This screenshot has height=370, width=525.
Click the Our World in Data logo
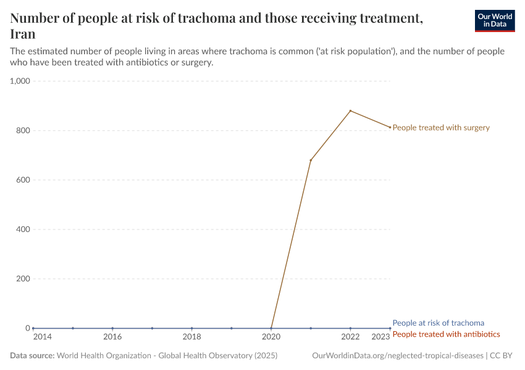click(494, 20)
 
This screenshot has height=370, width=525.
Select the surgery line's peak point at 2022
click(350, 111)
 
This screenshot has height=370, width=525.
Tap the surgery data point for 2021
click(311, 160)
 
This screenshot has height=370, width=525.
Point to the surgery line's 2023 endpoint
click(390, 127)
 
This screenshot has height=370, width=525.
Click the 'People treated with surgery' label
click(441, 128)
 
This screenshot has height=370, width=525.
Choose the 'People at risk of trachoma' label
click(438, 323)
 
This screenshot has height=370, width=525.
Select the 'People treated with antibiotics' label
click(446, 334)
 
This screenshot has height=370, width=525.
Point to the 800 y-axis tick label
click(22, 131)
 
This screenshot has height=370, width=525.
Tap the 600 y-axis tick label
click(22, 180)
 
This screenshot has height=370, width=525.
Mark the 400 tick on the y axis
click(22, 229)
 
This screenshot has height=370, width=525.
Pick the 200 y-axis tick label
click(22, 279)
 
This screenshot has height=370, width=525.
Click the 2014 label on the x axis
click(43, 337)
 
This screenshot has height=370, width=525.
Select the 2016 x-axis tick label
click(112, 337)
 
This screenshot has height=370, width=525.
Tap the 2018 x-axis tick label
click(191, 337)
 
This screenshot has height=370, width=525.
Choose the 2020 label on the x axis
click(271, 337)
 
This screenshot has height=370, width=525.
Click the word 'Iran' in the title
click(23, 34)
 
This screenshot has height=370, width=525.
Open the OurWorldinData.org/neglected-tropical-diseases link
click(398, 356)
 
